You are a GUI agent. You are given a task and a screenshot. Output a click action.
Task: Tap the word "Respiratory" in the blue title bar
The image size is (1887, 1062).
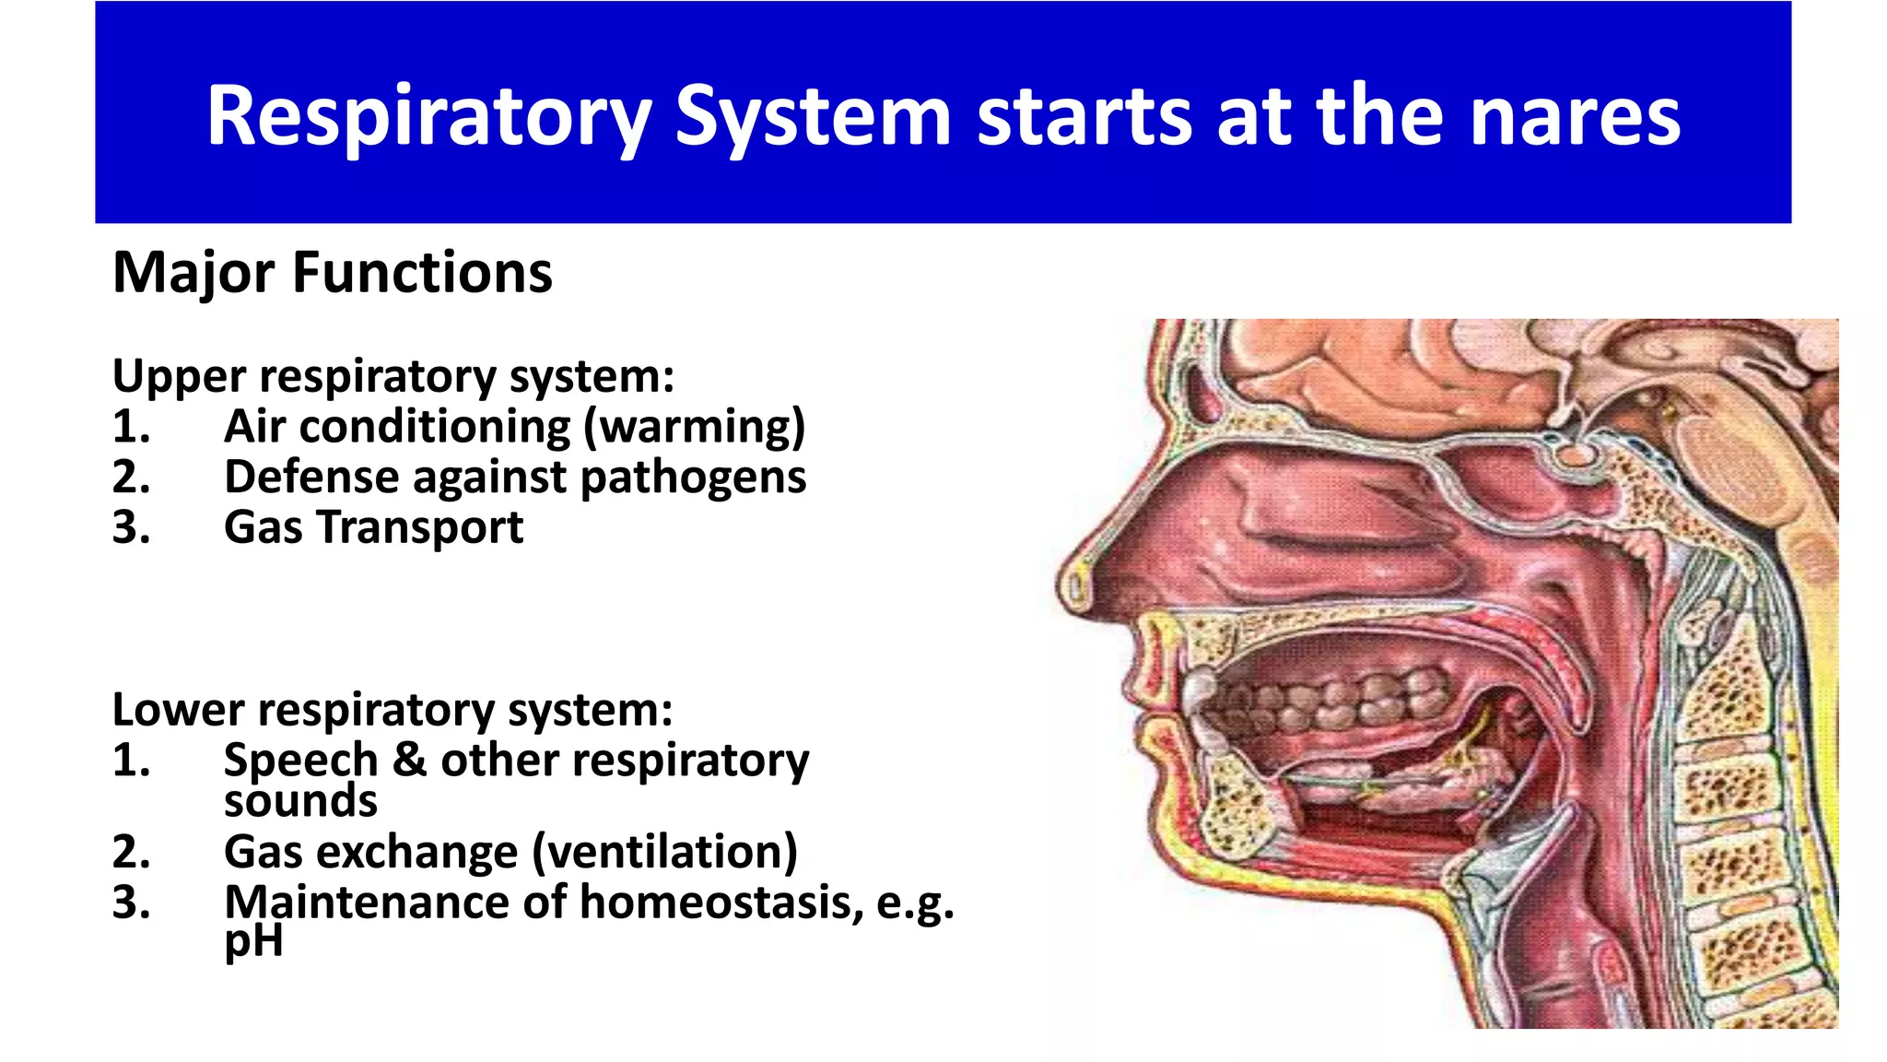[428, 118]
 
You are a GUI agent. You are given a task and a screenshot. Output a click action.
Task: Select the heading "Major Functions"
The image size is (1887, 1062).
[332, 273]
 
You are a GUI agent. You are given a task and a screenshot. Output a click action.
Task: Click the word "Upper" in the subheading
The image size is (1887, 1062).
[180, 377]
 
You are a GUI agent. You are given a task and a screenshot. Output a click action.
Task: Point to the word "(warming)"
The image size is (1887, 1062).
[694, 427]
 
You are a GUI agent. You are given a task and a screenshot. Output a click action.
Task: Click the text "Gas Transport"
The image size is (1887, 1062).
[373, 527]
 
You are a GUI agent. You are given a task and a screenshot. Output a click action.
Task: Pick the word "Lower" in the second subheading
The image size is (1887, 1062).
[179, 710]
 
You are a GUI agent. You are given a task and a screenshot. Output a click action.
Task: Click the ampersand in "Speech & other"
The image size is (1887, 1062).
[409, 761]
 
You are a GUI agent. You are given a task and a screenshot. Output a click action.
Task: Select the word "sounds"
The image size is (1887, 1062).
[300, 800]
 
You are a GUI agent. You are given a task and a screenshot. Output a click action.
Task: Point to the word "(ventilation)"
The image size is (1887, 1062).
[665, 852]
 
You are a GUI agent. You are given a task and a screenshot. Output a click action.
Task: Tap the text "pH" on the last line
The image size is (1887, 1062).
[253, 942]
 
